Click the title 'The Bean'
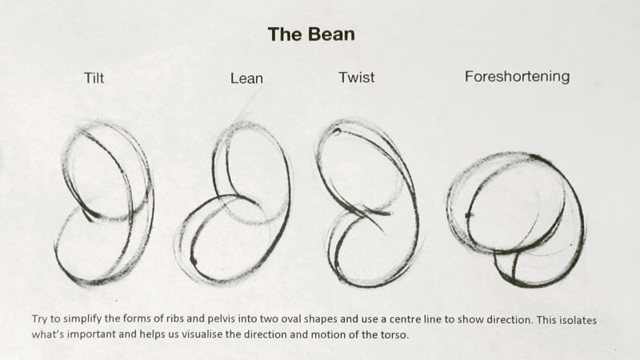(311, 34)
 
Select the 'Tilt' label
(94, 78)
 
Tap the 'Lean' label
(246, 78)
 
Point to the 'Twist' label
(356, 77)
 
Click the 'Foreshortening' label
(517, 77)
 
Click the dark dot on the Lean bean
(194, 260)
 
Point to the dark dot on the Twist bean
(337, 131)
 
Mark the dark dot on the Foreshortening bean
(468, 215)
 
